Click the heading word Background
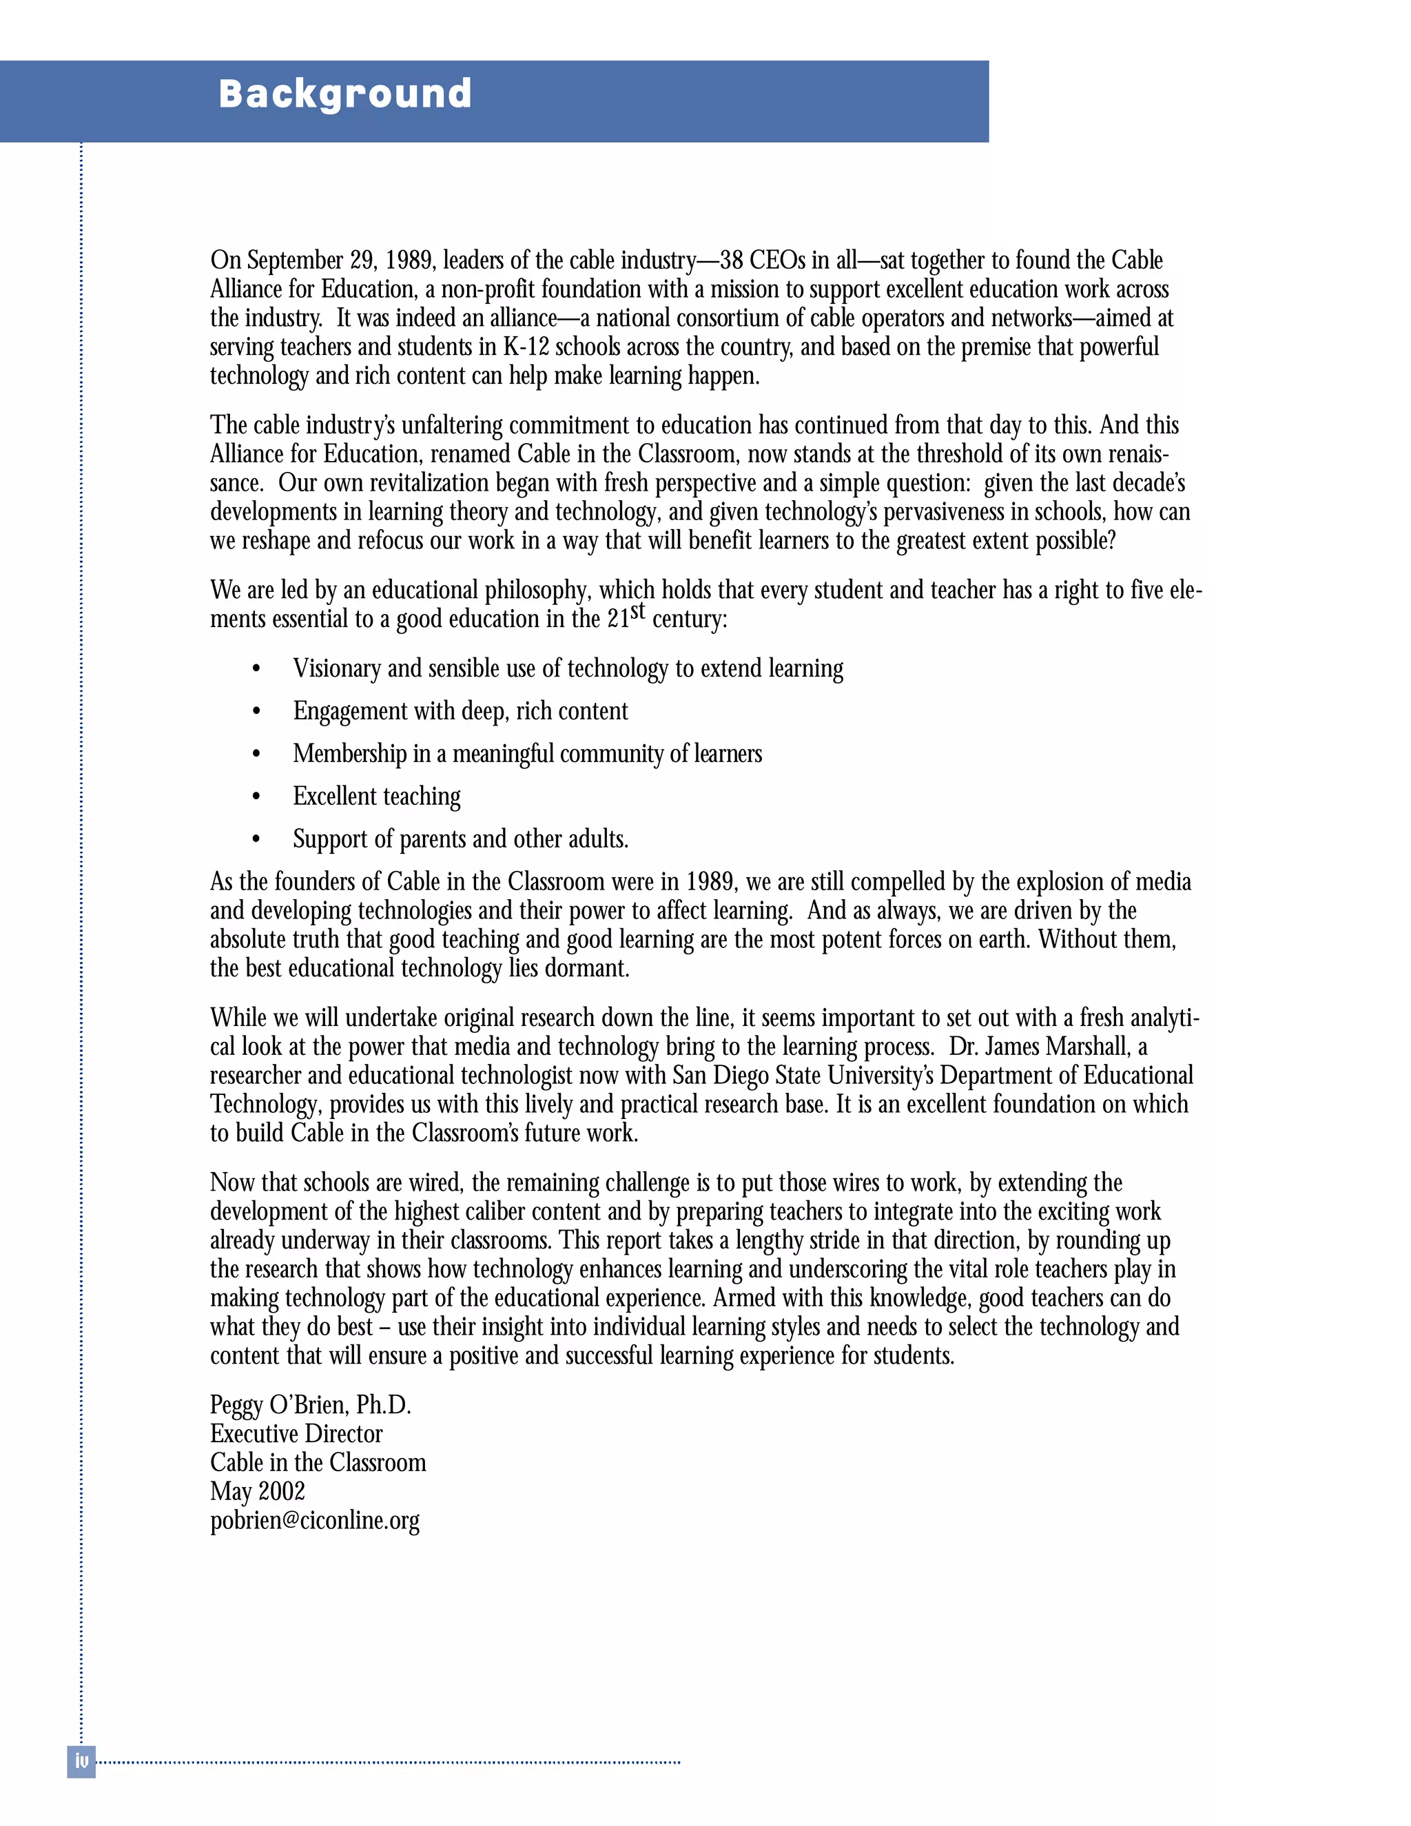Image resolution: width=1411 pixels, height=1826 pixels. (x=344, y=94)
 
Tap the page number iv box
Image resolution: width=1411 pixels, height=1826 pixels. (x=81, y=1761)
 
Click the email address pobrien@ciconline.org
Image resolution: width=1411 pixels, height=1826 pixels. (x=314, y=1519)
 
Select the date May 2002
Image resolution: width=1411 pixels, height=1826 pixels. (x=258, y=1490)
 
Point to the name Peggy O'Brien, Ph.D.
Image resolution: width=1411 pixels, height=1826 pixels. (x=310, y=1404)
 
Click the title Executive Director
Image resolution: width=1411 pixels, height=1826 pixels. (x=296, y=1433)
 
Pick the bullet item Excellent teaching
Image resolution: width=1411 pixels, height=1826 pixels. (x=376, y=796)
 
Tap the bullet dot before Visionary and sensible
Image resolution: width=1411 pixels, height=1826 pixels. (x=256, y=669)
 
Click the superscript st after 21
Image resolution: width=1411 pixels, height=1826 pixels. (x=638, y=611)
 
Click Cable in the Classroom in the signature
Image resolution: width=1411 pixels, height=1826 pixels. (x=318, y=1462)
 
